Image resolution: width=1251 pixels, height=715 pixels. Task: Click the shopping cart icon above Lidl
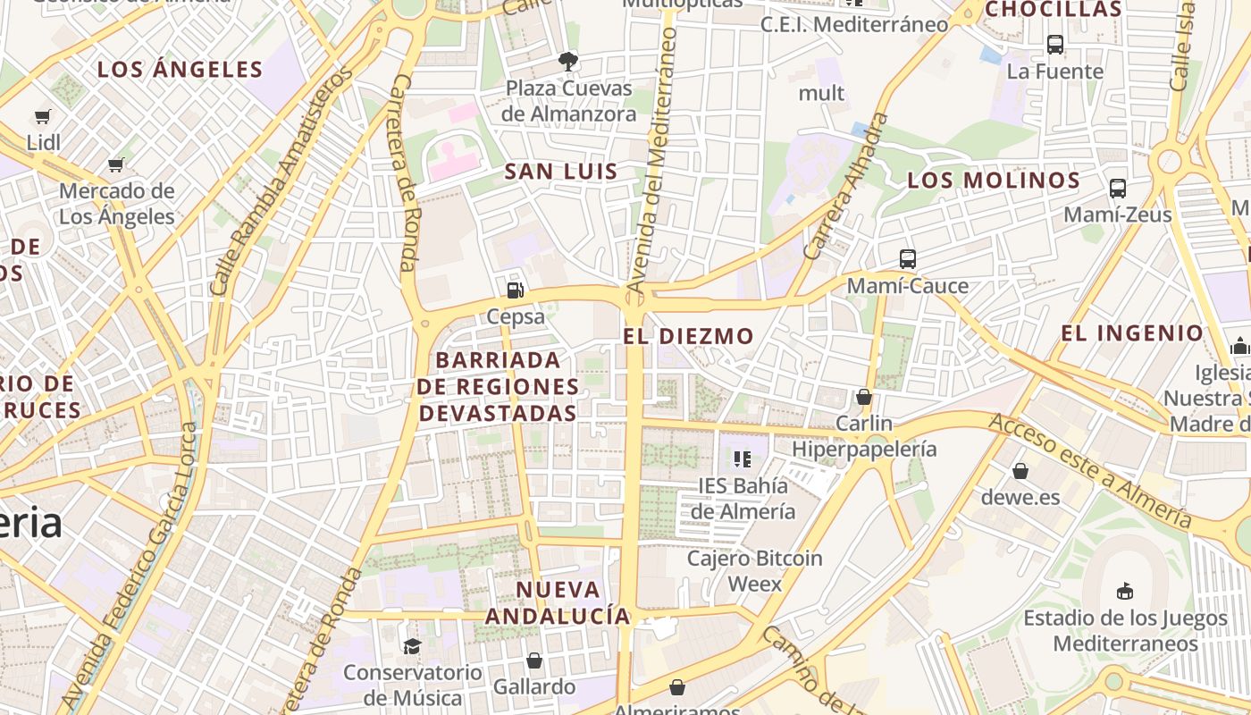tap(42, 116)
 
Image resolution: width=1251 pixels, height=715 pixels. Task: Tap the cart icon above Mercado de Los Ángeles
tap(115, 164)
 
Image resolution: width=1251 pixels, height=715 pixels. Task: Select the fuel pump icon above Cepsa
tap(515, 290)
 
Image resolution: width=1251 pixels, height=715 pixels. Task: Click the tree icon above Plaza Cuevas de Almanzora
tap(567, 62)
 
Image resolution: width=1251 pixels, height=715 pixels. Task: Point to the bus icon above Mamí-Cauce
tap(907, 259)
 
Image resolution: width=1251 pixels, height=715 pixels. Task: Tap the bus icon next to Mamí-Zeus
tap(1117, 189)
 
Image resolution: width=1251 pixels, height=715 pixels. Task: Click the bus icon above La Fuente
tap(1054, 44)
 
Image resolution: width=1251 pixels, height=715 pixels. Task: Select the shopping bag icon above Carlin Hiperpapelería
tap(863, 396)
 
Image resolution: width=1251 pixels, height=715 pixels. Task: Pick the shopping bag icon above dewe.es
tap(1020, 470)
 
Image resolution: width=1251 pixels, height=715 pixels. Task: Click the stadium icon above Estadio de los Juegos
tap(1124, 591)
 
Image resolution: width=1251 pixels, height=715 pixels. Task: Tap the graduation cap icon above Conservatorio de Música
tap(412, 645)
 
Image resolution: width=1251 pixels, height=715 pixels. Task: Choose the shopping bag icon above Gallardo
tap(533, 660)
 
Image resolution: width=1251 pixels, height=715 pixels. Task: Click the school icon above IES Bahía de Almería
tap(742, 459)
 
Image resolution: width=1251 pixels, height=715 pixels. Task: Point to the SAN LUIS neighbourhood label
tap(561, 172)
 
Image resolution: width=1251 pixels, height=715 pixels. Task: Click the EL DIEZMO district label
tap(688, 336)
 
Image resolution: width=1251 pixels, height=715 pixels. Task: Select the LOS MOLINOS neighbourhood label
tap(994, 180)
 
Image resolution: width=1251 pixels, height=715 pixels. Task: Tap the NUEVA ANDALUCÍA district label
tap(558, 602)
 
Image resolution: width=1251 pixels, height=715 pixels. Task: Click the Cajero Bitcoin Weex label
tap(755, 571)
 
